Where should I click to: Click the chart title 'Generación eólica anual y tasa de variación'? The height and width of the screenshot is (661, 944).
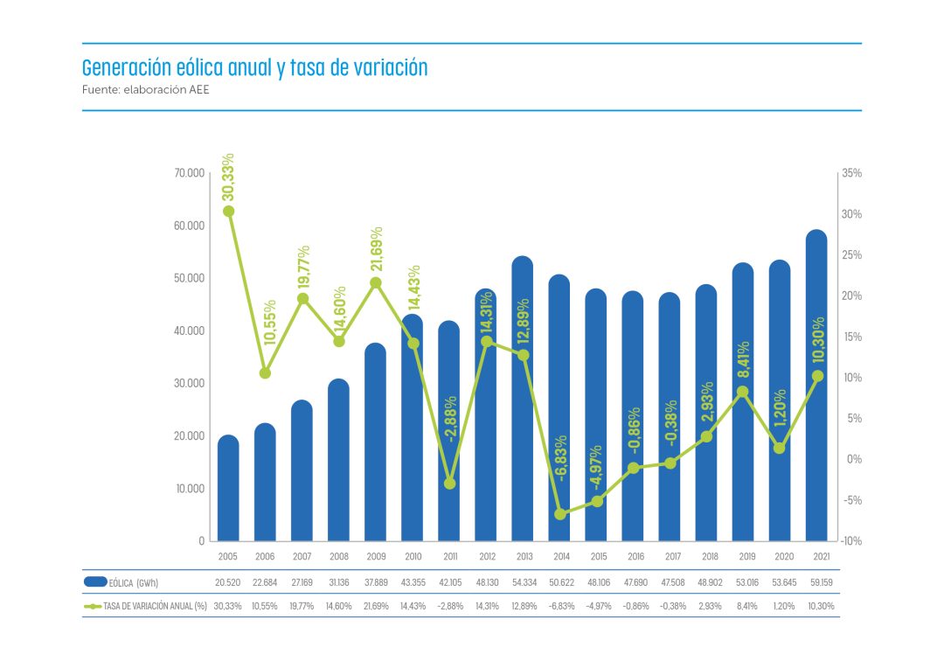point(254,68)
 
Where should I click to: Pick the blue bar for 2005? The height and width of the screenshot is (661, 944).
point(228,490)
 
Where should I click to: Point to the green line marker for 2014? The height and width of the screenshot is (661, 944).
point(560,514)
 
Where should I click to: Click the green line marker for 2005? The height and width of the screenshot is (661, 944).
point(228,211)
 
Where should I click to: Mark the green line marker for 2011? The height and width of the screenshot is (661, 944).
point(449,483)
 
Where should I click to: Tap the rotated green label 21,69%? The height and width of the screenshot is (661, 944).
point(377,251)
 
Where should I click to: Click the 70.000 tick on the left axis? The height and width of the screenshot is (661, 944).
point(189,174)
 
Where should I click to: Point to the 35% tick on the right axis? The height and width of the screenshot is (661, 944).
point(851,174)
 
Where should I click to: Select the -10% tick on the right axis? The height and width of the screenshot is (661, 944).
point(851,541)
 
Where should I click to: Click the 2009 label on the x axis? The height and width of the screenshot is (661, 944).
point(376,557)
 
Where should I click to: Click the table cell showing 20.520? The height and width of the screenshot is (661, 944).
point(228,582)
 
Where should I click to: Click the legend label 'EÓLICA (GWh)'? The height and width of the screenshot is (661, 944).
point(134,582)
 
